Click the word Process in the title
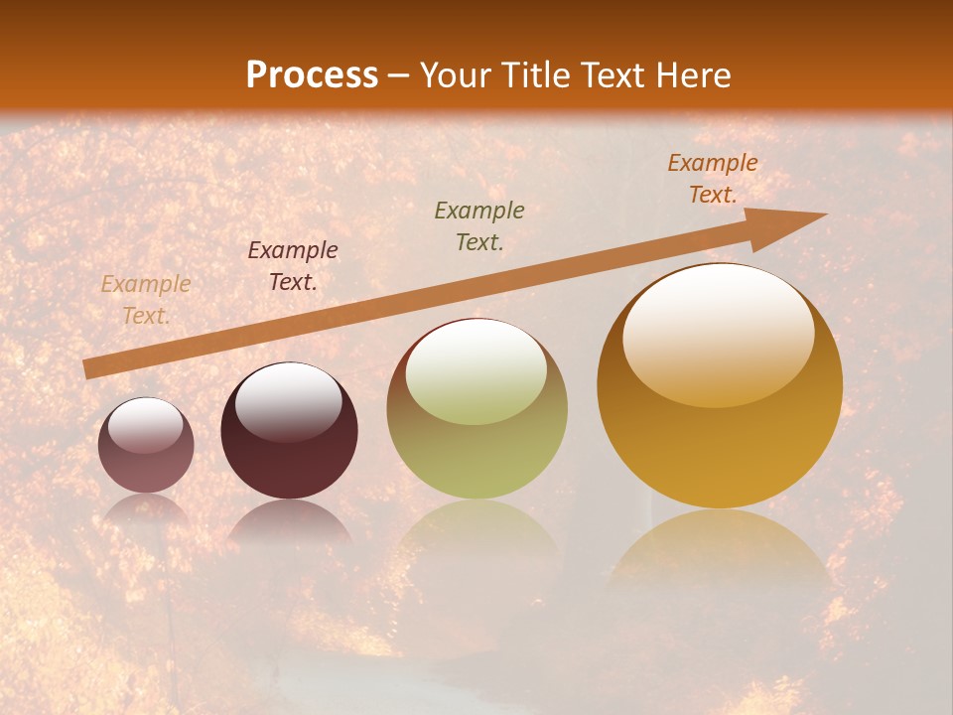(x=312, y=74)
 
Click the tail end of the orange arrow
(x=86, y=369)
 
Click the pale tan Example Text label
(x=146, y=300)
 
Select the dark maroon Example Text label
(x=293, y=265)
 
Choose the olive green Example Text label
(x=479, y=225)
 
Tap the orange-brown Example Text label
(x=712, y=179)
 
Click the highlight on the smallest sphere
(x=145, y=425)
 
